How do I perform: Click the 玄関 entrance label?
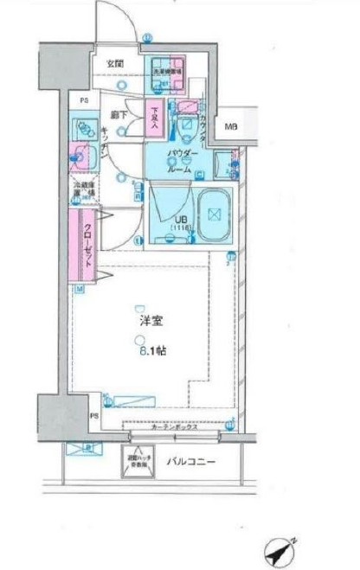[x=114, y=63]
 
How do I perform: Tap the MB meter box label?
[x=230, y=127]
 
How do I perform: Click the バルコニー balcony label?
[x=190, y=460]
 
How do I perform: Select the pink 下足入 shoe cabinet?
[x=155, y=116]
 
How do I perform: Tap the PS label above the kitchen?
[x=84, y=99]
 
